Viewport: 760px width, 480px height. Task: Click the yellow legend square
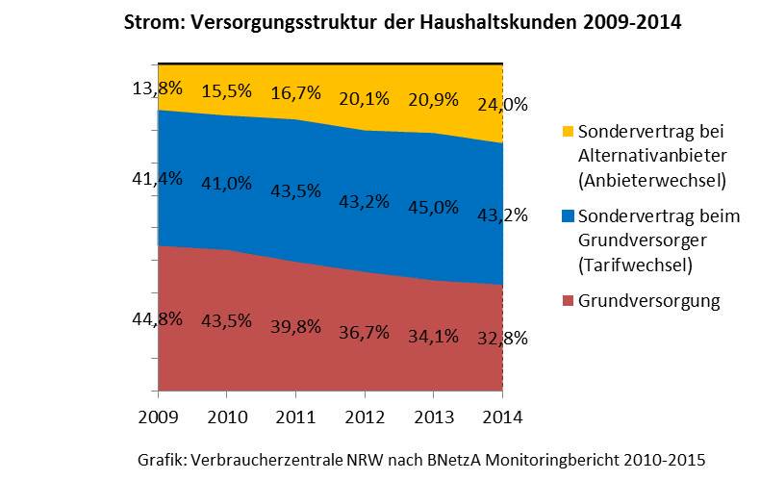pos(567,131)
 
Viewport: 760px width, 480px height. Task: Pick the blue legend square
pos(567,216)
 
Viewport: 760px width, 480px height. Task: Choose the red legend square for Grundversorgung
pos(567,302)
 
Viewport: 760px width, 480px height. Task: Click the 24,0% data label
pos(501,103)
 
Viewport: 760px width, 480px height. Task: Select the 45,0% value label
pos(433,207)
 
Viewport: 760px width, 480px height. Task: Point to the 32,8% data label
pos(501,338)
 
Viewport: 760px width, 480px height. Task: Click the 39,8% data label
pos(295,326)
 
